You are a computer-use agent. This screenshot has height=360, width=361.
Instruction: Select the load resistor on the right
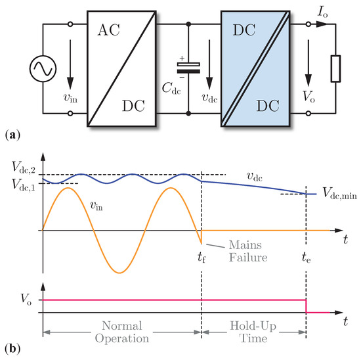coord(335,68)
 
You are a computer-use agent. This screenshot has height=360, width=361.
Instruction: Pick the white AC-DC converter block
coord(121,68)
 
